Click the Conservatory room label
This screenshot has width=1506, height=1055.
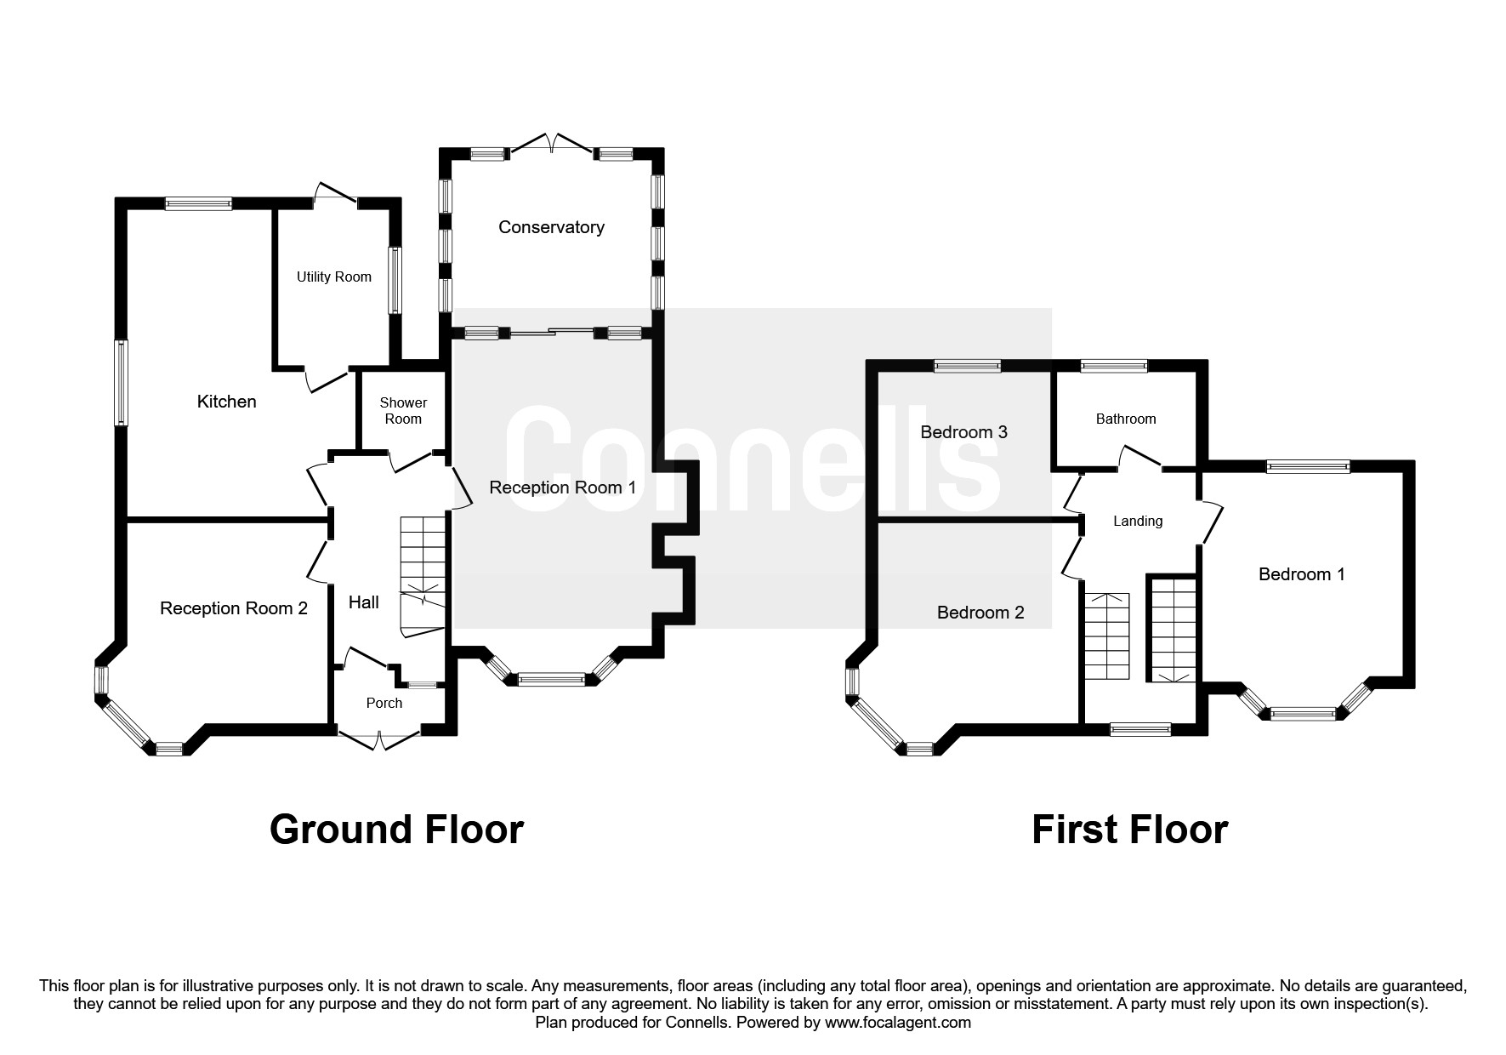coord(551,227)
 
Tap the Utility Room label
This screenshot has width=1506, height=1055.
coord(333,277)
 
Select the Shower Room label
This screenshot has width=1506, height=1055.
coord(403,410)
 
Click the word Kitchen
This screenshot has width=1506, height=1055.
coord(226,402)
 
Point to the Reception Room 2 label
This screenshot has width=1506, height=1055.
coord(234,608)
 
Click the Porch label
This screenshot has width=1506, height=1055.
coord(384,703)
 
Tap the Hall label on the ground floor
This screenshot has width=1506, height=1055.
coord(363,602)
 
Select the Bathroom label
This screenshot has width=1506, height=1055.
coord(1125,419)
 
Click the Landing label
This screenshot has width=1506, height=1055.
coord(1137,521)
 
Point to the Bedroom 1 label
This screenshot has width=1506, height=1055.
coord(1301,574)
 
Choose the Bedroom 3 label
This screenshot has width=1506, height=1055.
coord(963,432)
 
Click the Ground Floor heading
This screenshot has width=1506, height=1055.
coord(396,830)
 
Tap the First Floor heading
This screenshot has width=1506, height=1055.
coord(1129,830)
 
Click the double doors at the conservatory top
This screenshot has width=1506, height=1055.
coord(552,145)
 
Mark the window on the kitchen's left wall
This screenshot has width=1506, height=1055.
coord(122,382)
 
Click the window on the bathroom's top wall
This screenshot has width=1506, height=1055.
coord(1113,367)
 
